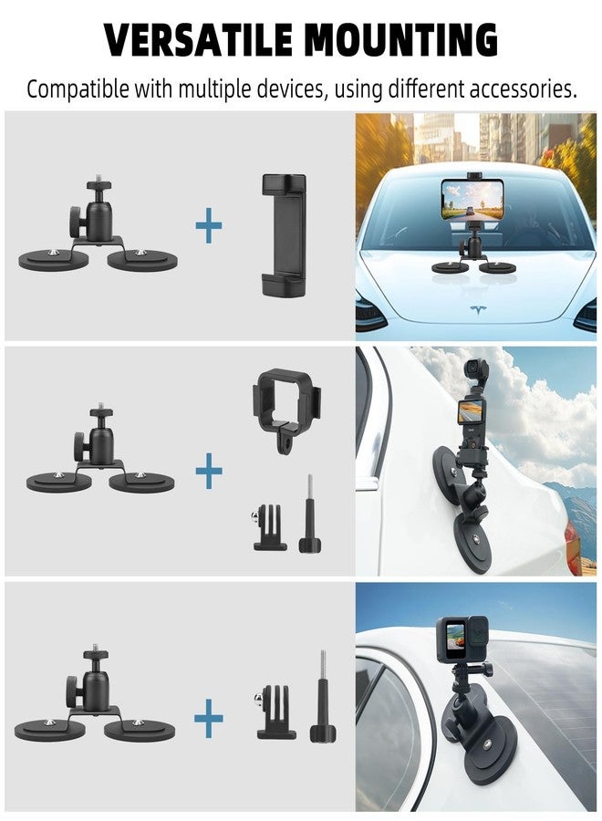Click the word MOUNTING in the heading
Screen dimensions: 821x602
coord(401,40)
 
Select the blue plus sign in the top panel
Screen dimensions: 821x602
coord(209,226)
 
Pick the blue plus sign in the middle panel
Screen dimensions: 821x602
coord(209,472)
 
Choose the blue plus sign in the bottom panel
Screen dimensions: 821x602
coord(209,721)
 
